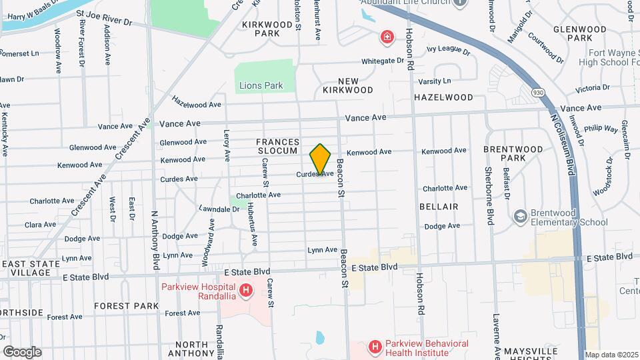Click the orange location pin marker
[321, 159]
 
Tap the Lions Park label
[261, 85]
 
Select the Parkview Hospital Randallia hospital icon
[246, 290]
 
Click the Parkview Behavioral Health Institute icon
[375, 347]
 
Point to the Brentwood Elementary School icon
[520, 217]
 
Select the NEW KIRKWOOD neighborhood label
[347, 85]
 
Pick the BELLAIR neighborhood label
[439, 207]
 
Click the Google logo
[22, 351]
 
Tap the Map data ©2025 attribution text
[611, 355]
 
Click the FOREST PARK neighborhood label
[126, 306]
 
